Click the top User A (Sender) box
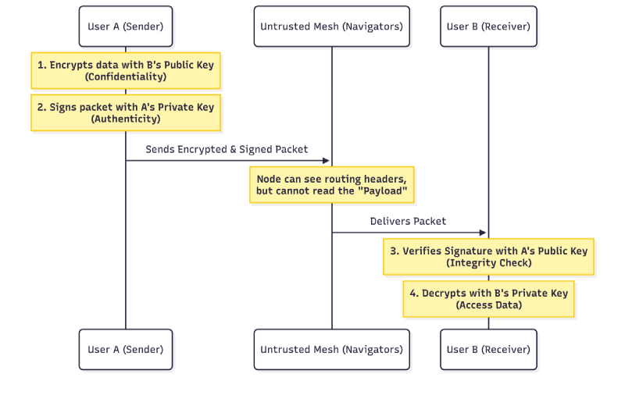click(126, 27)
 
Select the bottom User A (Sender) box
click(126, 349)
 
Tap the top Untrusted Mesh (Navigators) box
click(331, 27)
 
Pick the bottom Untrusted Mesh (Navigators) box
click(331, 349)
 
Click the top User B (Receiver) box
click(488, 27)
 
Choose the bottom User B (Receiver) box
click(488, 349)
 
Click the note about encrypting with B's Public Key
click(126, 70)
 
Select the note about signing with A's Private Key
click(126, 112)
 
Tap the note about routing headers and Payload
click(331, 185)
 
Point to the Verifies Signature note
click(489, 257)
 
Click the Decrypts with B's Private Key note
click(489, 299)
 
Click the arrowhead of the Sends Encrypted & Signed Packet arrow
click(326, 161)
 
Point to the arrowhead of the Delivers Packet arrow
click(483, 233)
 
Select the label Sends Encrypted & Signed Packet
click(227, 149)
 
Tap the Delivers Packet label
click(408, 221)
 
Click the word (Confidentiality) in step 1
click(126, 77)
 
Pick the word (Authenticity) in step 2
click(126, 119)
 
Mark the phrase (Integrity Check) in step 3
click(489, 263)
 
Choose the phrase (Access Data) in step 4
click(489, 305)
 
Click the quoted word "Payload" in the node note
click(383, 190)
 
